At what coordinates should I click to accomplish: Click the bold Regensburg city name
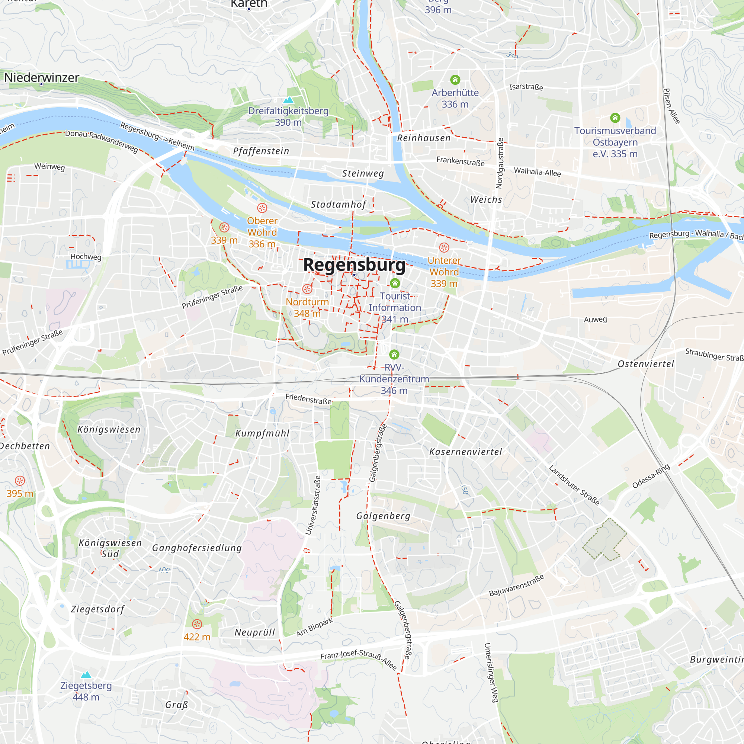(354, 265)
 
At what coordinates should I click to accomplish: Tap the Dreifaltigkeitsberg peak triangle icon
(288, 100)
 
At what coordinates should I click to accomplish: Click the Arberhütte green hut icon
(455, 80)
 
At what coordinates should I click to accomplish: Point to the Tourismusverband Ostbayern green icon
(615, 118)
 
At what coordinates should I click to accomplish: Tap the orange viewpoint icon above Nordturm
(307, 289)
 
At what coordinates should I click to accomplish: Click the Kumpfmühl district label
(262, 433)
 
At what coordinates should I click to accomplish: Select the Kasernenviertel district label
(466, 452)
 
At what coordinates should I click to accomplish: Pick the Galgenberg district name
(383, 516)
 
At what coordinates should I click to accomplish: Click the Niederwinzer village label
(42, 77)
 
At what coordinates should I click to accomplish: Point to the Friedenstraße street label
(308, 399)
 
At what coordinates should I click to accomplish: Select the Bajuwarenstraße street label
(516, 585)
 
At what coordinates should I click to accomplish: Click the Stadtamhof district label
(338, 205)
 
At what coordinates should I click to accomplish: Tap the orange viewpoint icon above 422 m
(197, 623)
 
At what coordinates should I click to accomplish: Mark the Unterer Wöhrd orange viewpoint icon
(444, 247)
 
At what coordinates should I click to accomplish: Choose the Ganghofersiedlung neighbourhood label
(197, 548)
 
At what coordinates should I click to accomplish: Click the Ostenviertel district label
(646, 364)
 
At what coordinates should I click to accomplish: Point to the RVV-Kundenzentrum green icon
(394, 354)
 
